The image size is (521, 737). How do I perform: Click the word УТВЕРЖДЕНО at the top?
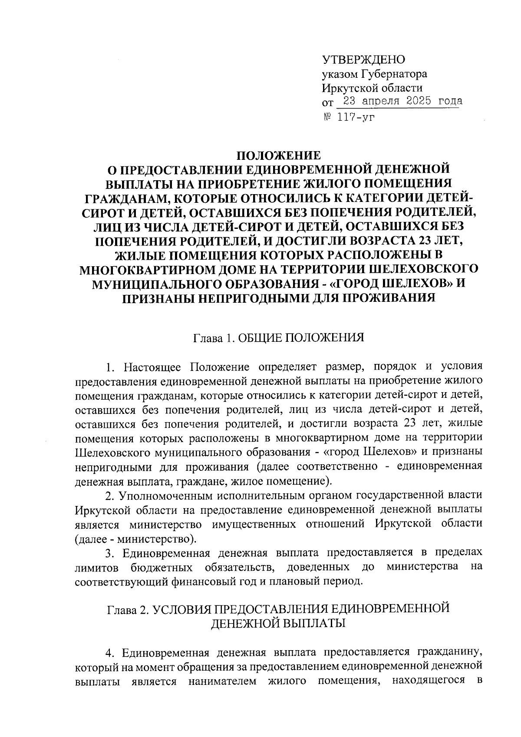[x=363, y=59]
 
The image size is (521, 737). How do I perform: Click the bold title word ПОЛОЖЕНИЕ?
[x=278, y=155]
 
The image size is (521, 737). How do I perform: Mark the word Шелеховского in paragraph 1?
[x=112, y=452]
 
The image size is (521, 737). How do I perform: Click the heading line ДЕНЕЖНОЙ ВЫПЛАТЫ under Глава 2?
[x=278, y=623]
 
